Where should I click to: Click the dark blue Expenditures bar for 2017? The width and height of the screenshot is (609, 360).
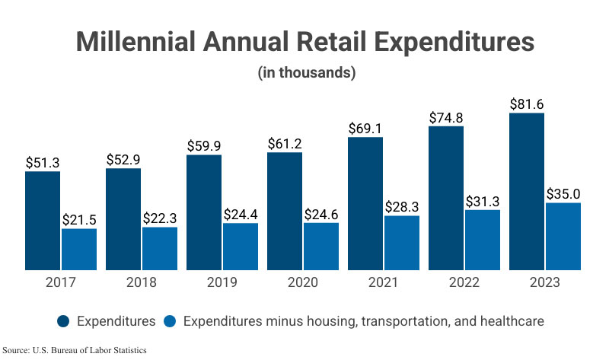tap(43, 221)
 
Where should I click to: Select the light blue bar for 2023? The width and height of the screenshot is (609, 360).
tap(563, 236)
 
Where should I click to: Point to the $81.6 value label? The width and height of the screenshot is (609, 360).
tap(527, 104)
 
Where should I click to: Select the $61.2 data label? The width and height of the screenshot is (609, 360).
tap(285, 143)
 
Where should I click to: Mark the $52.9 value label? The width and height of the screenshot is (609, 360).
tap(123, 159)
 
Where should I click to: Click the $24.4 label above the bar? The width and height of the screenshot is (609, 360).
tap(241, 214)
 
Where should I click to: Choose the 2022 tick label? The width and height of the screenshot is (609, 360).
tap(464, 282)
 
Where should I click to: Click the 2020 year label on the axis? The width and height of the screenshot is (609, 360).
tap(303, 282)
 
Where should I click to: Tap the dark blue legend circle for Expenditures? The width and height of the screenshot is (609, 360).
tap(64, 321)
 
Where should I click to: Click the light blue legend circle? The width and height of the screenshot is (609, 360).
tap(172, 321)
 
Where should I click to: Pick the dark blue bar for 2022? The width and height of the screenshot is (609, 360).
tap(446, 198)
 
